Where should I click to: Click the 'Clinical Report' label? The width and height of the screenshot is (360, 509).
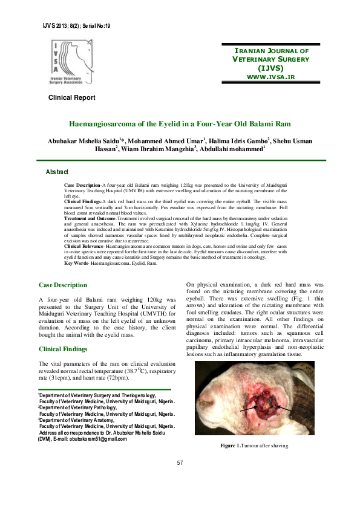pos(72,97)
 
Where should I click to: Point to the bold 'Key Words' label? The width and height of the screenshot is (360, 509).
pos(76,264)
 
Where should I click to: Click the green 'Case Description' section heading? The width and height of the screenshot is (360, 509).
pos(63,285)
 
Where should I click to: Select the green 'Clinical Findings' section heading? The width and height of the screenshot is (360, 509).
pos(63,349)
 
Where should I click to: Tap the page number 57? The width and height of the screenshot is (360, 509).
pos(180,463)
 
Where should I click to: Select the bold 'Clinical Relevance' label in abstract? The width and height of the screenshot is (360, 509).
pos(84,247)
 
